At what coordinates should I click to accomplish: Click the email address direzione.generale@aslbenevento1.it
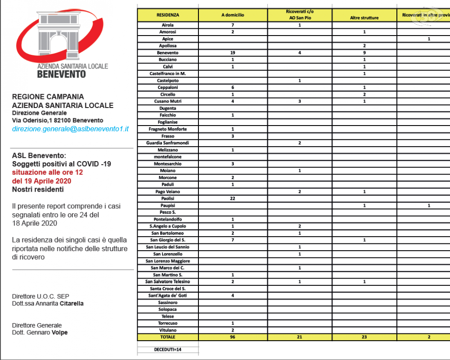tap(70, 129)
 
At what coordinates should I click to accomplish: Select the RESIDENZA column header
tap(168, 15)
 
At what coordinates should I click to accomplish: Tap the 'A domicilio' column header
tap(233, 15)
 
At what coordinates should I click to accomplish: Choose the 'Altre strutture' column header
tap(364, 18)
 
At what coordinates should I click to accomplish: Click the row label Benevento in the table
tap(168, 53)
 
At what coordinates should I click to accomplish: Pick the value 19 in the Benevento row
tap(233, 53)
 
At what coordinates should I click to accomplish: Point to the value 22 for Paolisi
tap(233, 198)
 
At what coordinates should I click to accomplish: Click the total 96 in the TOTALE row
tap(233, 337)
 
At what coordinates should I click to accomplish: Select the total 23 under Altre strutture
tap(364, 337)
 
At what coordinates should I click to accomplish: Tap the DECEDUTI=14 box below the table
tap(168, 349)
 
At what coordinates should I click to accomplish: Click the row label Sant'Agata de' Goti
tap(168, 296)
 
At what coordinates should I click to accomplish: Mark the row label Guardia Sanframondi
tap(168, 143)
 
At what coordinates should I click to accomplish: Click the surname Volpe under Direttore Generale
tap(59, 333)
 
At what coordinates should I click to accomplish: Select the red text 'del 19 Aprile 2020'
tap(41, 181)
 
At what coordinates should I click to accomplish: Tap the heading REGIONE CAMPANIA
tap(48, 97)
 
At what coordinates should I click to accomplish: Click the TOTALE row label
tap(168, 337)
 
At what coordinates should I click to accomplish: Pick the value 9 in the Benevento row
tap(364, 53)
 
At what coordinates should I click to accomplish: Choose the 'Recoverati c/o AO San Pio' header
tap(300, 14)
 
